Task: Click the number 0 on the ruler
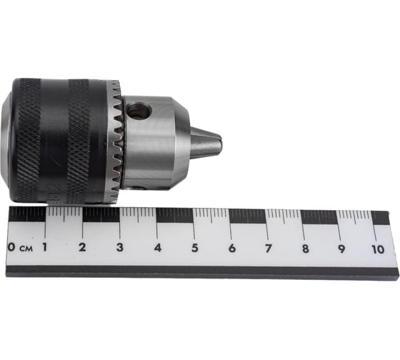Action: coord(11,247)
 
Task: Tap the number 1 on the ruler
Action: coord(45,247)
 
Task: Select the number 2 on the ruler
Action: coord(82,247)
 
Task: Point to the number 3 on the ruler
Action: coord(120,247)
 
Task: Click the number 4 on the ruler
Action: coord(158,248)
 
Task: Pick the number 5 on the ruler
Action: coord(195,248)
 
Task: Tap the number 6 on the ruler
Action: coord(232,249)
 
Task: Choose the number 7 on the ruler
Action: coord(269,249)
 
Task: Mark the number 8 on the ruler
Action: coord(306,249)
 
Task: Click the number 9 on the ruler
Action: coord(341,249)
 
